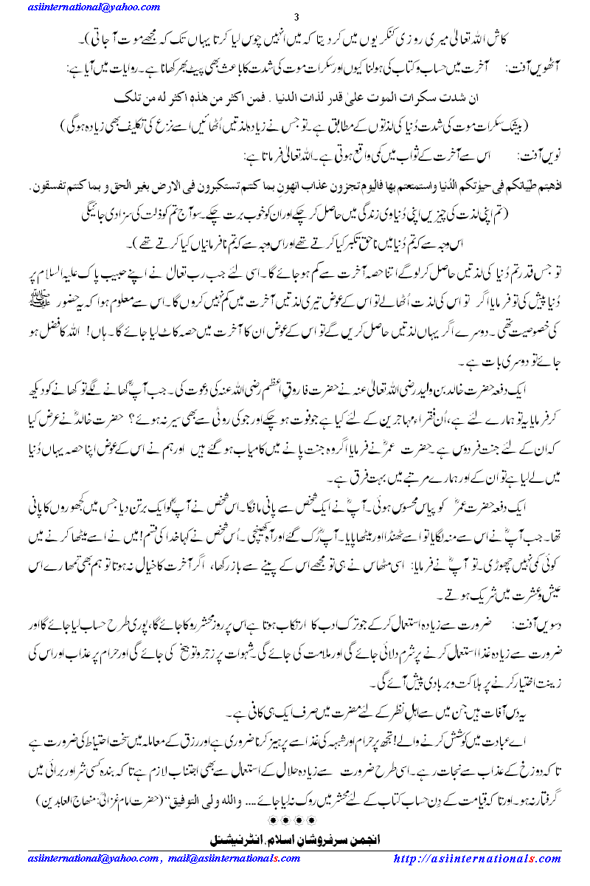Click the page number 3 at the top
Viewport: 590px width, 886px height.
click(296, 18)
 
